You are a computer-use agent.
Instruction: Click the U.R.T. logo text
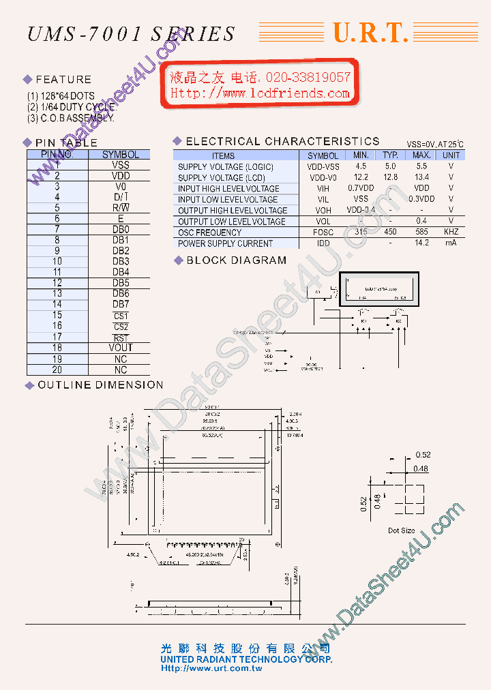(x=370, y=33)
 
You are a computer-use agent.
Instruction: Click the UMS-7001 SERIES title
(x=131, y=33)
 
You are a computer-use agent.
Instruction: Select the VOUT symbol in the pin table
(x=121, y=348)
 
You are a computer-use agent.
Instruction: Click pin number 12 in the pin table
(x=57, y=283)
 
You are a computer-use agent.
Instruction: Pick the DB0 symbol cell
(x=121, y=230)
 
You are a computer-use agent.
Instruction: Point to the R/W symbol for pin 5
(x=121, y=208)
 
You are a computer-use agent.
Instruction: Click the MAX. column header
(x=421, y=155)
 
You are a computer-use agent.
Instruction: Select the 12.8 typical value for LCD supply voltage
(x=390, y=177)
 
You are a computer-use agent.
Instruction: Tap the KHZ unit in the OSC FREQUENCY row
(x=451, y=232)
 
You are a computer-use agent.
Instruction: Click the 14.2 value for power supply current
(x=421, y=243)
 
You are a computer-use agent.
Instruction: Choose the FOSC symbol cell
(x=323, y=232)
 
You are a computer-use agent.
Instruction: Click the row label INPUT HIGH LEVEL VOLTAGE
(x=228, y=188)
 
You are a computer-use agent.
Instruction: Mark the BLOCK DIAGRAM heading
(x=236, y=260)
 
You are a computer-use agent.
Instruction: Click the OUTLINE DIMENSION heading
(x=100, y=385)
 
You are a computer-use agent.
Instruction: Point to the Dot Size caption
(x=401, y=530)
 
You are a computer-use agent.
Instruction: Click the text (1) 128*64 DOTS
(x=61, y=96)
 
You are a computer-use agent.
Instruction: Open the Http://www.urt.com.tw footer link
(x=211, y=669)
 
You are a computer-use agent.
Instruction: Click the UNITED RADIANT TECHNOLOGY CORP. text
(x=246, y=659)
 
